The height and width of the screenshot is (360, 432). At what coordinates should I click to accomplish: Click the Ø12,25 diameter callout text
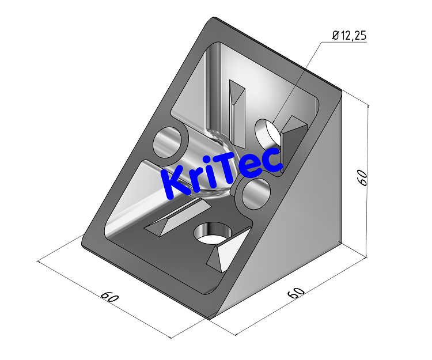pyautogui.click(x=349, y=36)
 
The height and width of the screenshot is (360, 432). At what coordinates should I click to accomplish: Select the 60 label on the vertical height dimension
pyautogui.click(x=362, y=177)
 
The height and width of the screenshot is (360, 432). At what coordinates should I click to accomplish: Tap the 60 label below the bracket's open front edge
pyautogui.click(x=109, y=298)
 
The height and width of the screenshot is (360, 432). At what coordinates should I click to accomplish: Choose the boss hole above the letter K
pyautogui.click(x=169, y=142)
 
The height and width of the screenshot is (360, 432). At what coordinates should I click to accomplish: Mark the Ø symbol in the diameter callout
pyautogui.click(x=335, y=36)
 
